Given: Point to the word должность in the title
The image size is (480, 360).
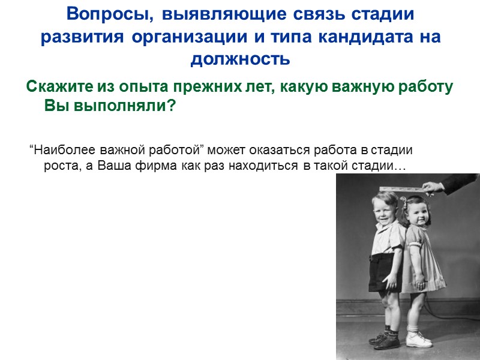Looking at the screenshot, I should click(x=240, y=60).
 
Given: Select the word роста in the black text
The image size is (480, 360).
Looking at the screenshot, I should click(x=59, y=166).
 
